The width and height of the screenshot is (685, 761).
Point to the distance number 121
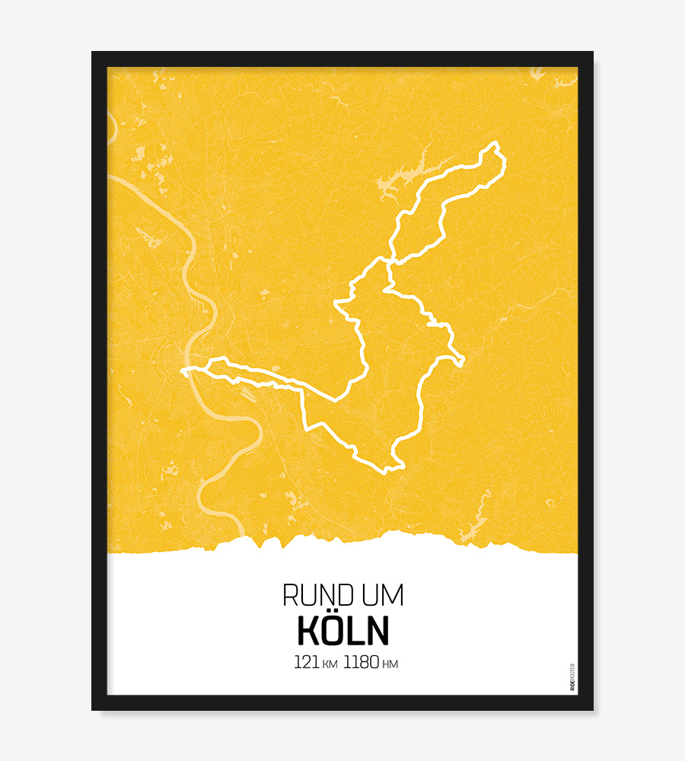[x=306, y=663]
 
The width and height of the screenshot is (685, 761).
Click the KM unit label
[x=330, y=664]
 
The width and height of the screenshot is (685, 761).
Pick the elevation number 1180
[x=361, y=663]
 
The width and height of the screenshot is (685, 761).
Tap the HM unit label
[x=390, y=664]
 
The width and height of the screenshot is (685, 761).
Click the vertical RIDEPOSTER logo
[x=572, y=677]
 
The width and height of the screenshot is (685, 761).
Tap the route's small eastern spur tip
[x=462, y=361]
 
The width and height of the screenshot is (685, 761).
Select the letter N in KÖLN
[x=377, y=630]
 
